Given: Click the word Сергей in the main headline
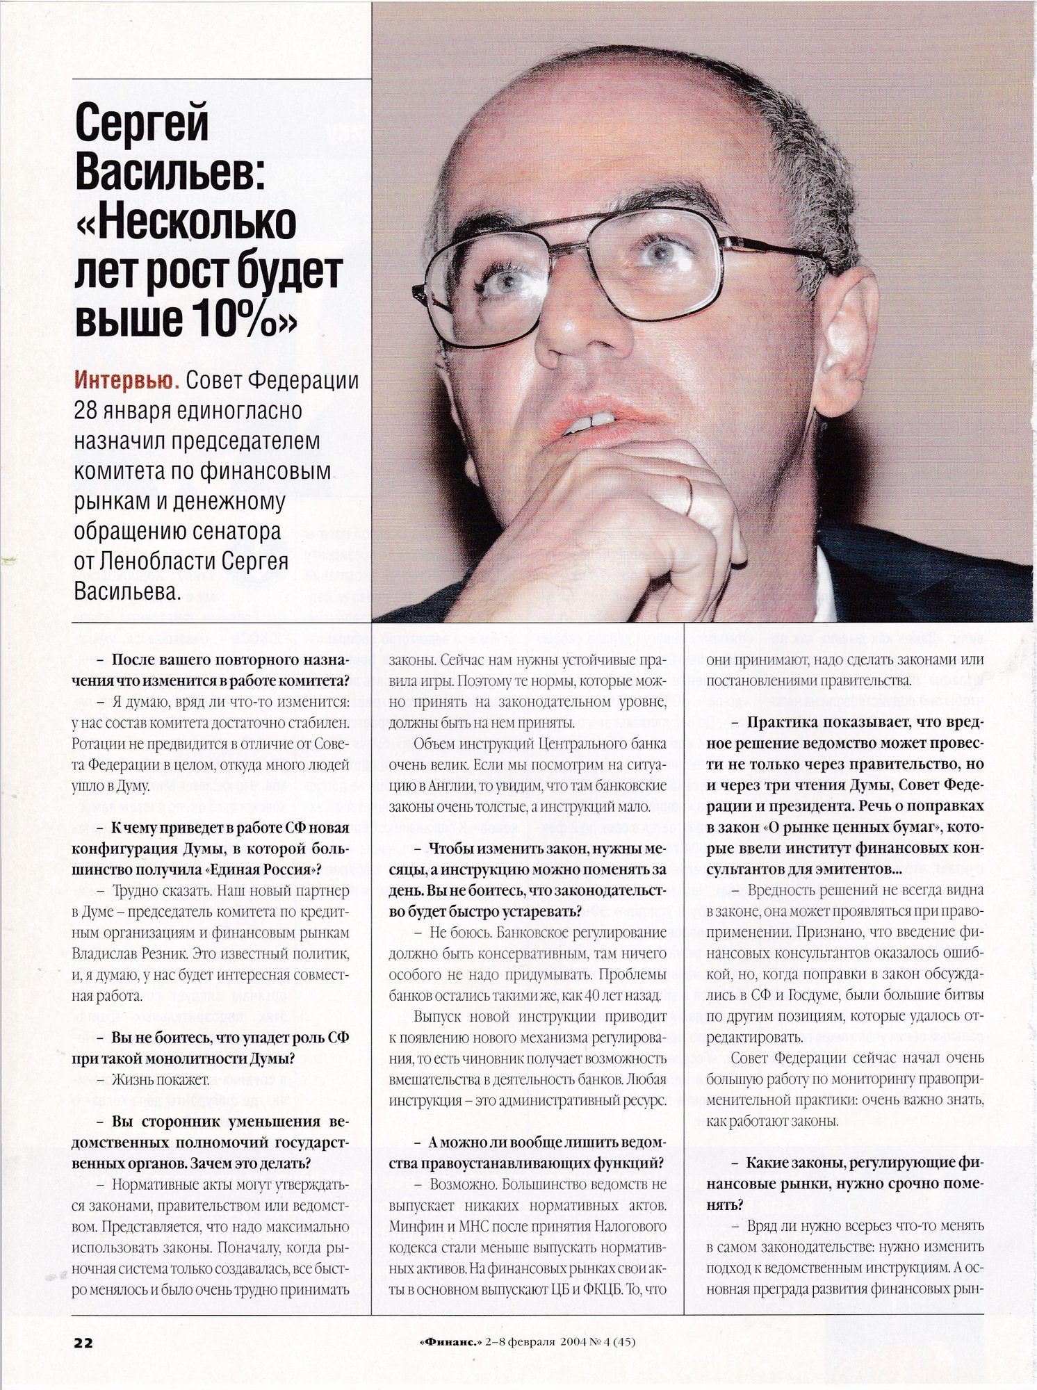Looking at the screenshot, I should pyautogui.click(x=142, y=123).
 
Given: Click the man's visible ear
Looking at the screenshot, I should pyautogui.click(x=843, y=341).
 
